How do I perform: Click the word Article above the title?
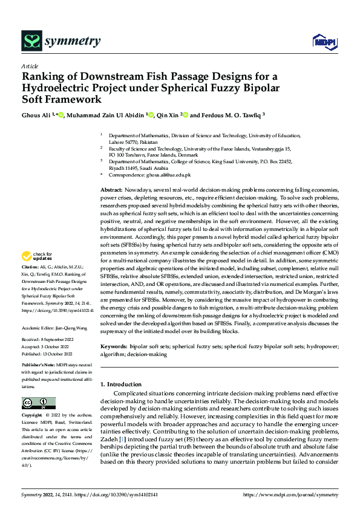[30, 66]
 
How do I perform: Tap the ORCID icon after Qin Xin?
[186, 115]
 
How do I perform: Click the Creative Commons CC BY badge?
[38, 403]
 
